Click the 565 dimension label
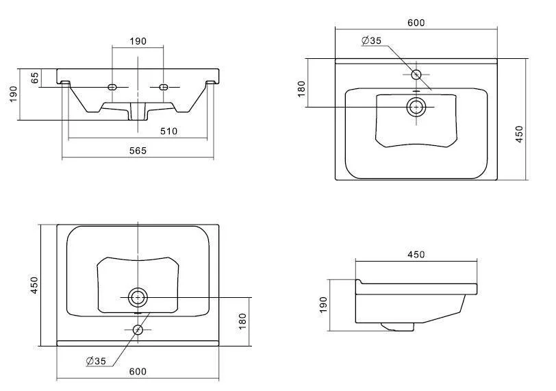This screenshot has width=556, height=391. pyautogui.click(x=138, y=151)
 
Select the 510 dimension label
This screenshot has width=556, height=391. pyautogui.click(x=168, y=131)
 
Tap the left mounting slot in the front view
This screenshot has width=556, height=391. pyautogui.click(x=114, y=87)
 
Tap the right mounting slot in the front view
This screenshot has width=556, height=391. pyautogui.click(x=164, y=87)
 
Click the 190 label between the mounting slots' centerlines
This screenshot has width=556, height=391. pyautogui.click(x=138, y=41)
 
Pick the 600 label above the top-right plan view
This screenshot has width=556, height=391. pyautogui.click(x=416, y=23)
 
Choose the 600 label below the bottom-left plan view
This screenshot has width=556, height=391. pyautogui.click(x=138, y=371)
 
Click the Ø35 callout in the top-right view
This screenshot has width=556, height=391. pyautogui.click(x=371, y=40)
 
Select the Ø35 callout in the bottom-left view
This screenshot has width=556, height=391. pyautogui.click(x=95, y=360)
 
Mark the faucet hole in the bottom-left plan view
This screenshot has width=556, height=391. pyautogui.click(x=138, y=329)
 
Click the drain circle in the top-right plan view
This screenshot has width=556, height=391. pyautogui.click(x=416, y=106)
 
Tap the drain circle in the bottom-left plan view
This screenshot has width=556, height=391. pyautogui.click(x=138, y=297)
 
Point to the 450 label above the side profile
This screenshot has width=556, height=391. pyautogui.click(x=416, y=255)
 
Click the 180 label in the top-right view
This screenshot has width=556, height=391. pyautogui.click(x=302, y=89)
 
